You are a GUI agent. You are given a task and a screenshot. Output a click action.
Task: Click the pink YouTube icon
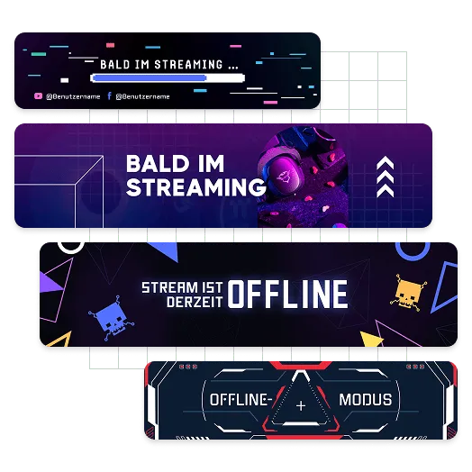pyautogui.click(x=38, y=96)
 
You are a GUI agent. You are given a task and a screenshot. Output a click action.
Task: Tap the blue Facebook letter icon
pyautogui.click(x=110, y=95)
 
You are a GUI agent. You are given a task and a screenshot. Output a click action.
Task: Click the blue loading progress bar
pyautogui.click(x=150, y=78)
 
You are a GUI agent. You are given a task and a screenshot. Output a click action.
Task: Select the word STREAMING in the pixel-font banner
pyautogui.click(x=188, y=65)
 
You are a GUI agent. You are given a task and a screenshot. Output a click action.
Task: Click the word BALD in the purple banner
pyautogui.click(x=157, y=164)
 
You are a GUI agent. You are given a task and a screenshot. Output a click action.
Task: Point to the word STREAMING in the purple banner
pyautogui.click(x=196, y=187)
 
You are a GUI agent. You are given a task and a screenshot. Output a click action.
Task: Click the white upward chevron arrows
pyautogui.click(x=386, y=177)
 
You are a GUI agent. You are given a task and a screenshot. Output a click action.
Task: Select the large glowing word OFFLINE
pyautogui.click(x=287, y=294)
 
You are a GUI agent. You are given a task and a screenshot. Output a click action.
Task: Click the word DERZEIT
pyautogui.click(x=195, y=303)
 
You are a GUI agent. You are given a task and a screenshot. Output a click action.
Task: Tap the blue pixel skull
pyautogui.click(x=112, y=319)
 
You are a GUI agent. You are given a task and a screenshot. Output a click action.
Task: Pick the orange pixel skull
pyautogui.click(x=408, y=292)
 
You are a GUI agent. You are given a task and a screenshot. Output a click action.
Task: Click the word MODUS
pyautogui.click(x=366, y=400)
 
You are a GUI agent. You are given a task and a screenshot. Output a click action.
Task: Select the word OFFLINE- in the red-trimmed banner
pyautogui.click(x=241, y=400)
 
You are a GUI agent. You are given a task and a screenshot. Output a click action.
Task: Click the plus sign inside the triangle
pyautogui.click(x=301, y=406)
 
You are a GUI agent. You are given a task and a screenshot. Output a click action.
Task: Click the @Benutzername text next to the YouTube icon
pyautogui.click(x=73, y=96)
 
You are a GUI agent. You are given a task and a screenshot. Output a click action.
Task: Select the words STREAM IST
pyautogui.click(x=183, y=287)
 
